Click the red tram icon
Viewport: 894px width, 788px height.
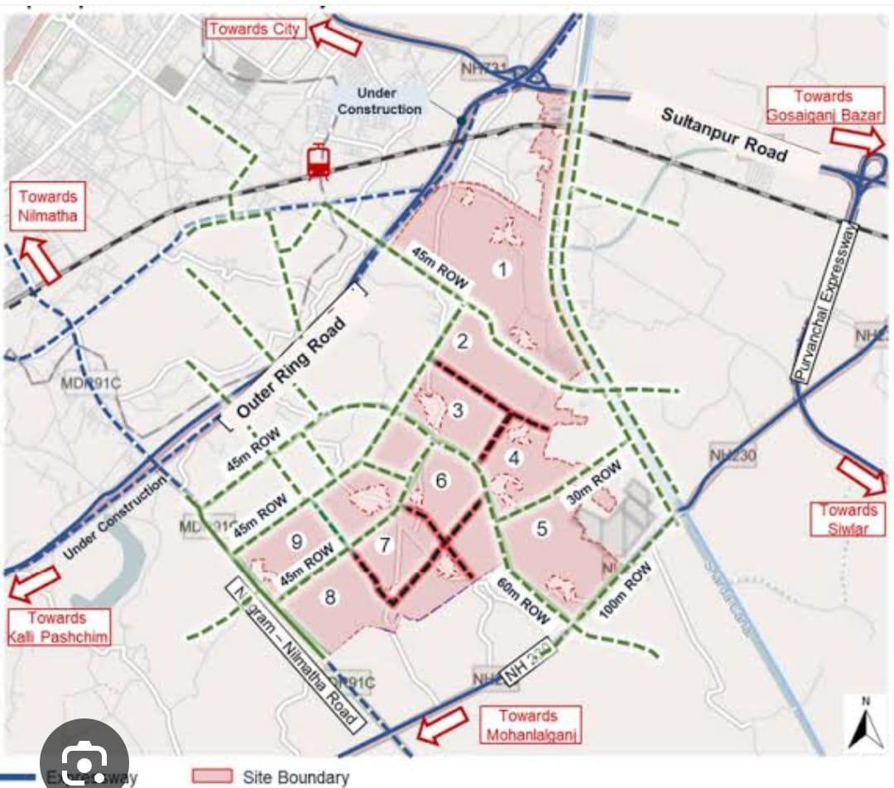318,161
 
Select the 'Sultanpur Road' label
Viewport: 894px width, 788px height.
723,134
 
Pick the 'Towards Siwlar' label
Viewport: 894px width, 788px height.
850,519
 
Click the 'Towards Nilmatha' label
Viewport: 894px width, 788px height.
48,208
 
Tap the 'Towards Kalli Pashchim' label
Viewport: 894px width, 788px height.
57,627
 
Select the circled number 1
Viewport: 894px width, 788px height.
499,268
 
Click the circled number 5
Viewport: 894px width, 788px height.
541,528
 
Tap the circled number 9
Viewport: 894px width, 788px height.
296,541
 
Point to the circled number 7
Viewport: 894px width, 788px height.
382,545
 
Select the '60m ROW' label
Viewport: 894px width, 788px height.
522,602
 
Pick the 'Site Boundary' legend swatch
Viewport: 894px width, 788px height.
211,776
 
